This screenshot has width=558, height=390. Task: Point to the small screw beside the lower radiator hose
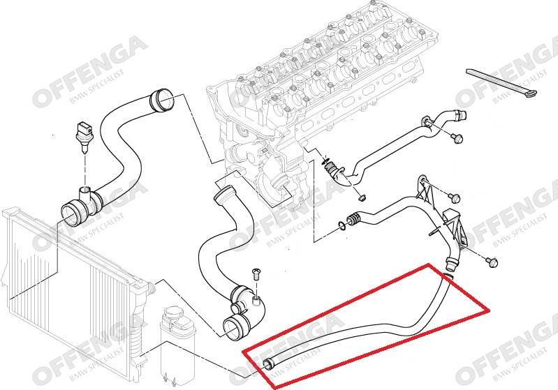254,274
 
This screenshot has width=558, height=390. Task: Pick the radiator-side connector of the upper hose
73,210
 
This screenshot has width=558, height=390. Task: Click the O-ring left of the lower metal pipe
339,225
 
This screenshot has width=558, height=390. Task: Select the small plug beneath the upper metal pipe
360,196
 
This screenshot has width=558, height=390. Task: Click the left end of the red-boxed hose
269,362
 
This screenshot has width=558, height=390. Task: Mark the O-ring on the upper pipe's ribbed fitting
326,165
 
